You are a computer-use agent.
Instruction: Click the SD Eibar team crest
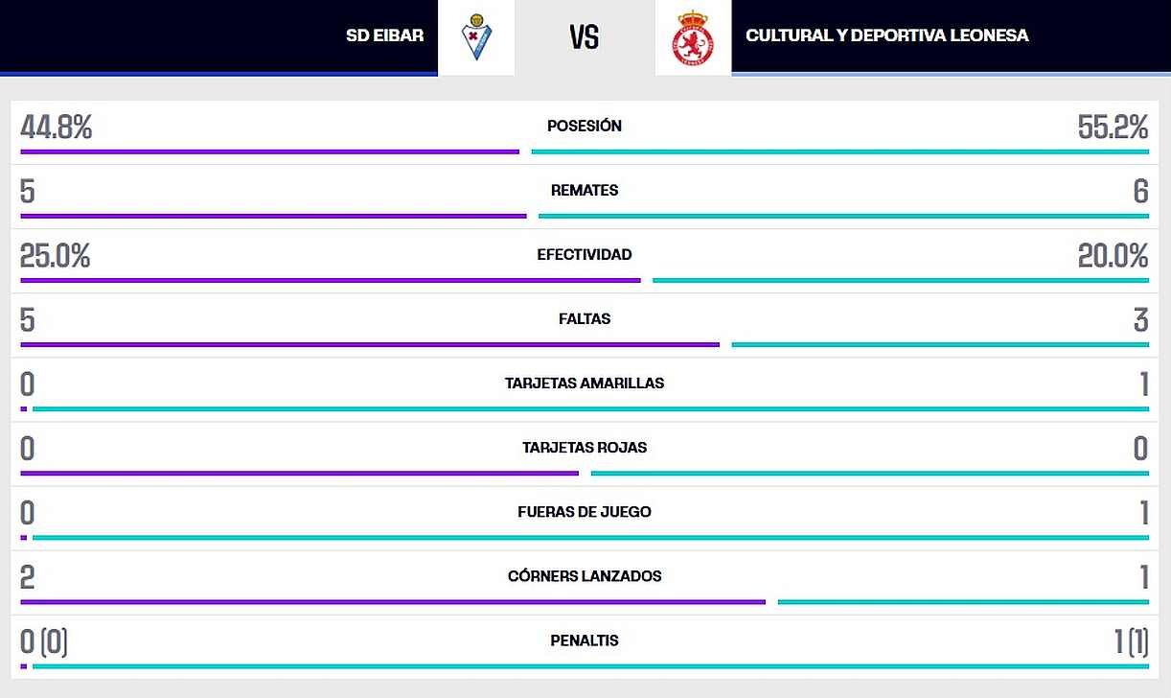(476, 36)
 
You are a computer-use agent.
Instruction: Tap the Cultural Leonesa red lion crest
(693, 38)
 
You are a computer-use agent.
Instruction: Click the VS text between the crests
(585, 37)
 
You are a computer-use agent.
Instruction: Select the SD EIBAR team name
(385, 35)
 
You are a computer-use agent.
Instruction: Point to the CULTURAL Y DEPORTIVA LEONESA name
(887, 35)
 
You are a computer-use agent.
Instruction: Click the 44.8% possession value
(56, 128)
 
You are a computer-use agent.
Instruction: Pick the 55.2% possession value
(1113, 128)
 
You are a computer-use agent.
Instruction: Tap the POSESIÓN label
(585, 126)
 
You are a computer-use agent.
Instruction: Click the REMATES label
(585, 190)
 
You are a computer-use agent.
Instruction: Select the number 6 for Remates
(1141, 191)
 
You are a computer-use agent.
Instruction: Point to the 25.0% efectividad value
(55, 256)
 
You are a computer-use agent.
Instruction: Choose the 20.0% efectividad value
(1113, 256)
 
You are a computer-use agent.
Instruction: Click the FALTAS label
(585, 318)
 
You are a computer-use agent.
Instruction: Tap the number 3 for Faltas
(1141, 319)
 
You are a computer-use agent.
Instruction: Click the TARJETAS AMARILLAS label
(585, 383)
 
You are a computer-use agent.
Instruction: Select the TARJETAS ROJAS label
(585, 448)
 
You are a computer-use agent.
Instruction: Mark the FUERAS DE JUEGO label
(585, 512)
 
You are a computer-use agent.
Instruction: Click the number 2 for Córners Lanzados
(27, 577)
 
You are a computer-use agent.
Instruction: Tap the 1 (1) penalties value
(1132, 642)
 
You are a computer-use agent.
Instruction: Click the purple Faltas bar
(370, 345)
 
